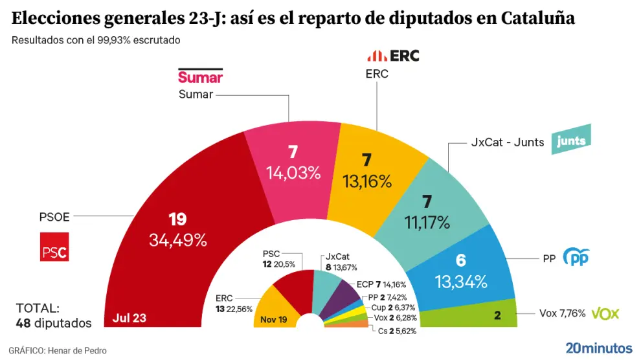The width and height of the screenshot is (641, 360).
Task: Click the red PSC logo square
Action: (x=54, y=247)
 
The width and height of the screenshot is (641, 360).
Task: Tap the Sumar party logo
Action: (x=200, y=76)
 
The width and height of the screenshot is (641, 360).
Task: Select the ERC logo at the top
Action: (x=393, y=56)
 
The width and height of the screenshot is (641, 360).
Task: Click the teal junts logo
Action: (x=571, y=142)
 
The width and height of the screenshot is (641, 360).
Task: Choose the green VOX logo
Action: (x=605, y=313)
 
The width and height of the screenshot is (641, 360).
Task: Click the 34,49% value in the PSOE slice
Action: (x=177, y=241)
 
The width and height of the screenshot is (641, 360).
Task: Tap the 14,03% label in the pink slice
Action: (x=293, y=173)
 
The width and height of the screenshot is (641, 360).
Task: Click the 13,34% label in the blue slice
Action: (x=460, y=282)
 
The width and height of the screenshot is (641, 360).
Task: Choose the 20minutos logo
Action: (x=598, y=348)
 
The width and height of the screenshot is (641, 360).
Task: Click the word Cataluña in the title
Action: (x=537, y=18)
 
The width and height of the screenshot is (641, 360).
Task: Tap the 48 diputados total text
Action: (x=54, y=322)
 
